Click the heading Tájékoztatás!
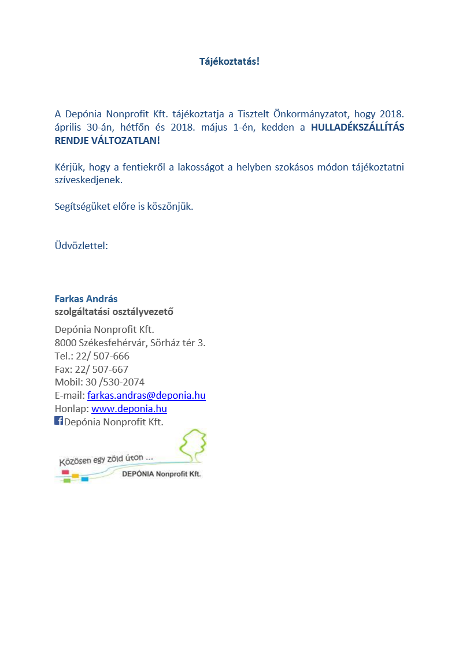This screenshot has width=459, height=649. coord(229,61)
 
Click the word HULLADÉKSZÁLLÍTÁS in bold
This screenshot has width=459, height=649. coord(357,128)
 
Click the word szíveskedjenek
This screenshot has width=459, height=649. coord(88,180)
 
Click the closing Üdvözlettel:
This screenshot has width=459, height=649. coord(82,246)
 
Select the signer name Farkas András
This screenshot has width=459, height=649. coord(86,299)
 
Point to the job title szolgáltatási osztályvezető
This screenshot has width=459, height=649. coord(114,312)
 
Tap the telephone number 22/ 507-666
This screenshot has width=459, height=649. coord(102,356)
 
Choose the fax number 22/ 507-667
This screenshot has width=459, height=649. coord(102,369)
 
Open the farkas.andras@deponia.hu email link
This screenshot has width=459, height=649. coord(146,395)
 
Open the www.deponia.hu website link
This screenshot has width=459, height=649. coord(129,409)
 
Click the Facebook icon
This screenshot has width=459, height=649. coord(58,421)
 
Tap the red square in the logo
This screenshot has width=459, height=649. coord(65,472)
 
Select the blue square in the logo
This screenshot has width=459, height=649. coord(85,479)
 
